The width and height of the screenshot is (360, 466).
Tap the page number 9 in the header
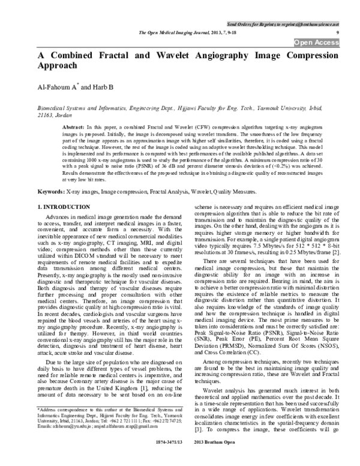point(340,31)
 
